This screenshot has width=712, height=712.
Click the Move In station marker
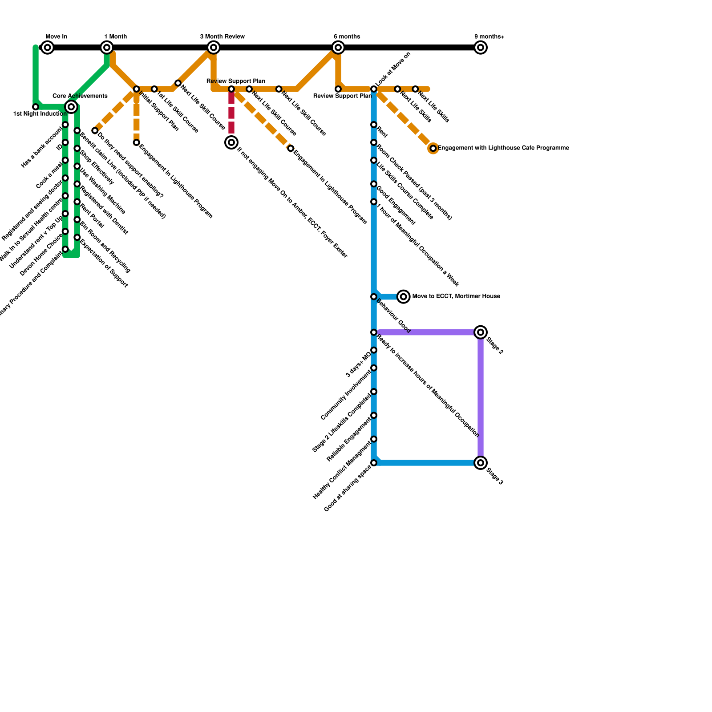[48, 48]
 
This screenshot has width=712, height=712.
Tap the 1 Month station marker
[107, 48]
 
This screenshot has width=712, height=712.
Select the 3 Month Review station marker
[214, 48]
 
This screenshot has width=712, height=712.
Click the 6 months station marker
[338, 48]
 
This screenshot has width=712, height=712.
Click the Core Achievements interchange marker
[71, 107]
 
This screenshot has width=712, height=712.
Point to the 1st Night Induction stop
[36, 107]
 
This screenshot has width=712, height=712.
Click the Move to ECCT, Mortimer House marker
[404, 296]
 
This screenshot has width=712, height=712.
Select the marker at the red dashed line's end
[231, 142]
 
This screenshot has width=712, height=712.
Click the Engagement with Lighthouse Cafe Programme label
[503, 148]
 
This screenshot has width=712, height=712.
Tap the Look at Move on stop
[374, 89]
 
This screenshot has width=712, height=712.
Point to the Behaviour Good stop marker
[374, 297]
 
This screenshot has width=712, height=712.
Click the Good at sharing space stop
[374, 463]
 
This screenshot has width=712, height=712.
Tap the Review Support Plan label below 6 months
[342, 96]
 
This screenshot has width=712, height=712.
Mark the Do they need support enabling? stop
[95, 130]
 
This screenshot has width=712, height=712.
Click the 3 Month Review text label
[222, 36]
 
